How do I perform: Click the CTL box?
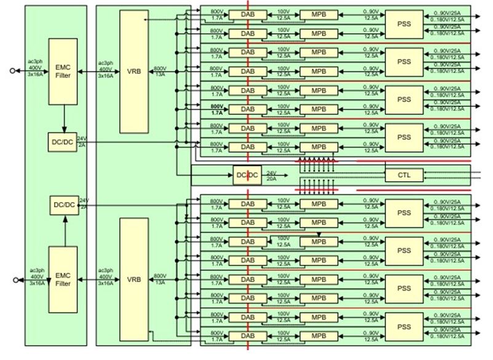coord(404,175)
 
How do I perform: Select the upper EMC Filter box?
coord(63,71)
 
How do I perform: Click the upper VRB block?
coord(134,71)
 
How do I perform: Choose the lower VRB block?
coord(134,279)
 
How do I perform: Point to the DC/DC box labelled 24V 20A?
coord(247,175)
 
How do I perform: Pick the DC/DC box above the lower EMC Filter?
coord(63,205)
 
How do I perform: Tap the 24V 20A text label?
coord(270,176)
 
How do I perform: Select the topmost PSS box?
coord(404,23)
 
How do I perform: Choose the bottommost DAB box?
coord(247,336)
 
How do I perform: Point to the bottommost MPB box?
coord(318,336)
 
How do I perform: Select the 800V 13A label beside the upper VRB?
coord(160,71)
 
